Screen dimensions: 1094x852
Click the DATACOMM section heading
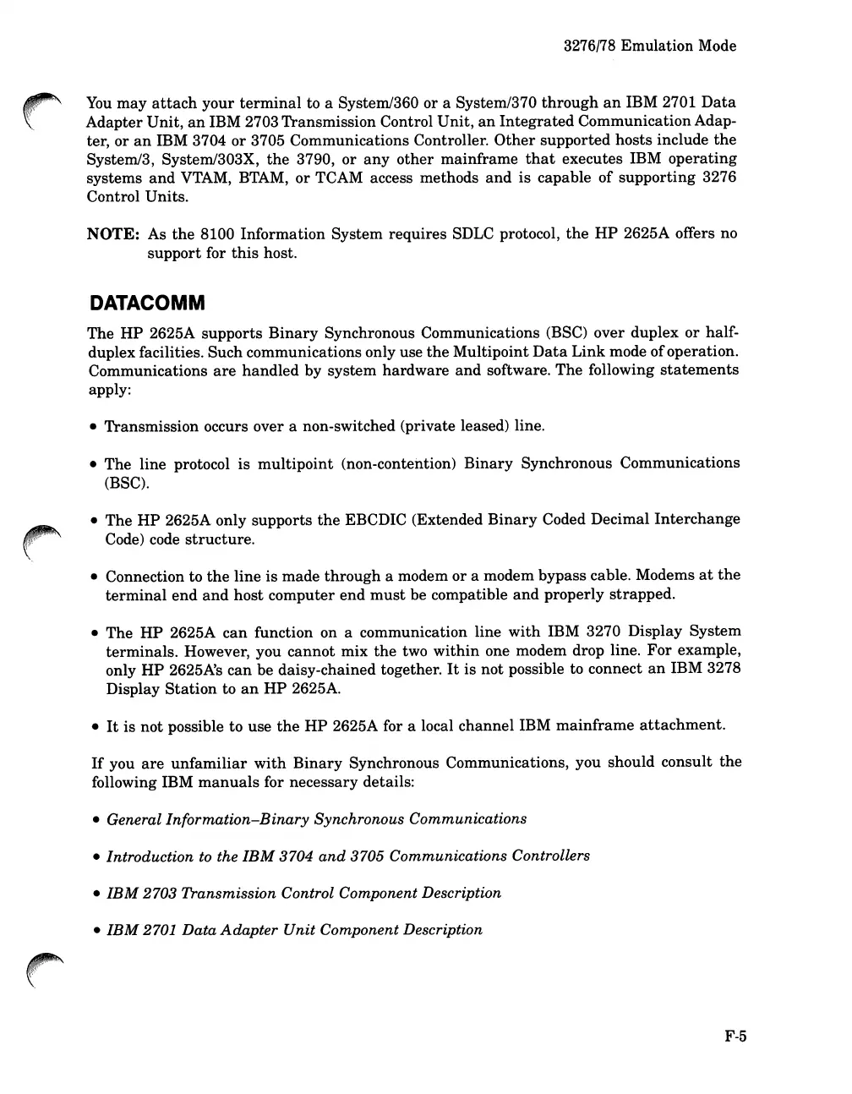click(147, 304)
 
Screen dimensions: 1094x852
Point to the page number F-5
click(735, 1037)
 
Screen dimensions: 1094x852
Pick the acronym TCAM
click(338, 178)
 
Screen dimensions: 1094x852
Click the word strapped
click(643, 594)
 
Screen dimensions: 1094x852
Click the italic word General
click(134, 819)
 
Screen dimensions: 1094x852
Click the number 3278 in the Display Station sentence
click(723, 670)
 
